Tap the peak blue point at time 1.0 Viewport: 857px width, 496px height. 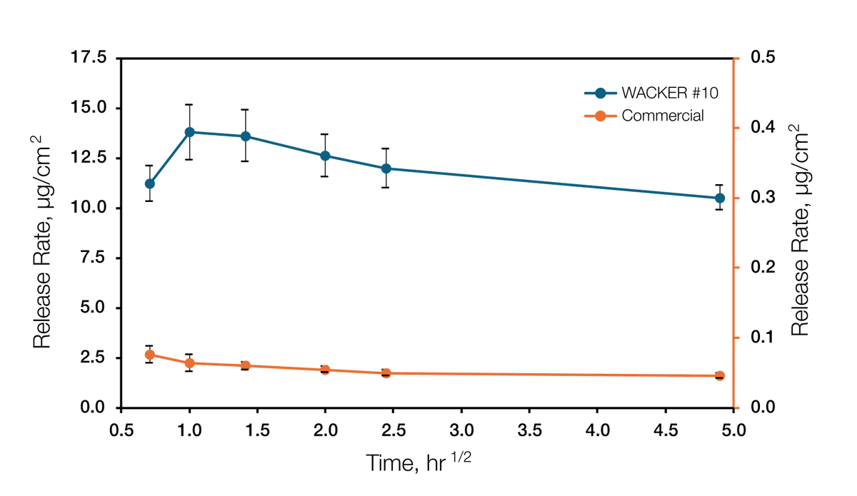(x=189, y=132)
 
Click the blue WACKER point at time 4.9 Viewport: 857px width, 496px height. (x=719, y=198)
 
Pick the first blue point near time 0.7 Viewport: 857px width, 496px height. (x=150, y=183)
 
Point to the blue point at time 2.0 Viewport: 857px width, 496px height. (x=325, y=156)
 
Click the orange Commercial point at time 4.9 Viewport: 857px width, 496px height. (x=719, y=376)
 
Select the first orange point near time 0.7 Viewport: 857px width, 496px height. (x=150, y=355)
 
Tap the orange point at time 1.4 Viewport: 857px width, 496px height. (x=245, y=365)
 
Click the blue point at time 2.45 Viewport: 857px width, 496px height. (x=386, y=168)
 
